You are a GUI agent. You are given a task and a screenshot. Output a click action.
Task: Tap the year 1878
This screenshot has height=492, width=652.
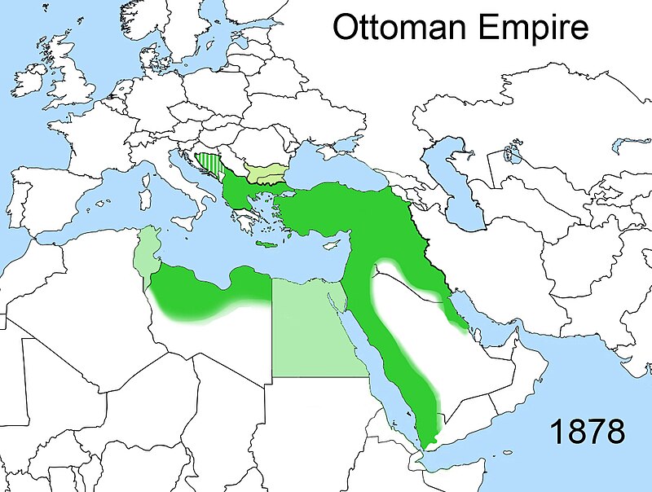click(586, 430)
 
